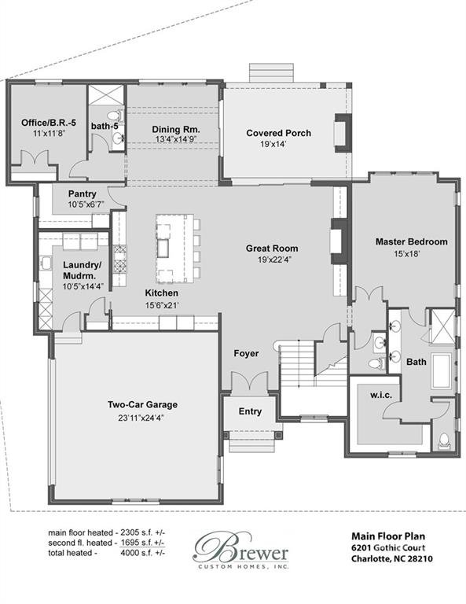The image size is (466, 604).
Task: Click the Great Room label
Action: [271, 249]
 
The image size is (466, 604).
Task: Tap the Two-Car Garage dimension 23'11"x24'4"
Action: [142, 418]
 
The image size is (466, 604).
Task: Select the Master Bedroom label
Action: [411, 241]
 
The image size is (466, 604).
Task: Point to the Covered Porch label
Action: [278, 134]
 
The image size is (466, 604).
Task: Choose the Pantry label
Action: [82, 193]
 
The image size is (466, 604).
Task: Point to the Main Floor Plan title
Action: [386, 533]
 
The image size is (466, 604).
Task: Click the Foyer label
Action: [246, 354]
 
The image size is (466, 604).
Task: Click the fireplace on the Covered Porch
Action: [341, 133]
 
